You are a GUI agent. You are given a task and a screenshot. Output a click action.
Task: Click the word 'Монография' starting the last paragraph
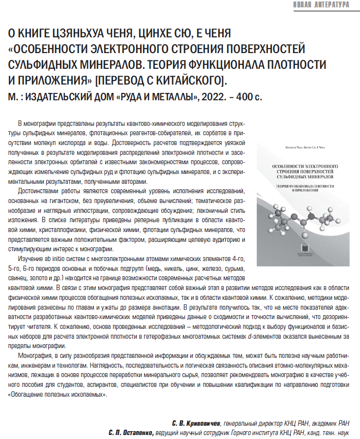[x=35, y=355]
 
